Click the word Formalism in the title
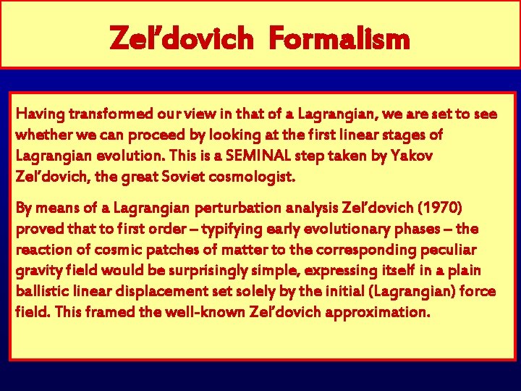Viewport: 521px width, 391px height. [x=339, y=38]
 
